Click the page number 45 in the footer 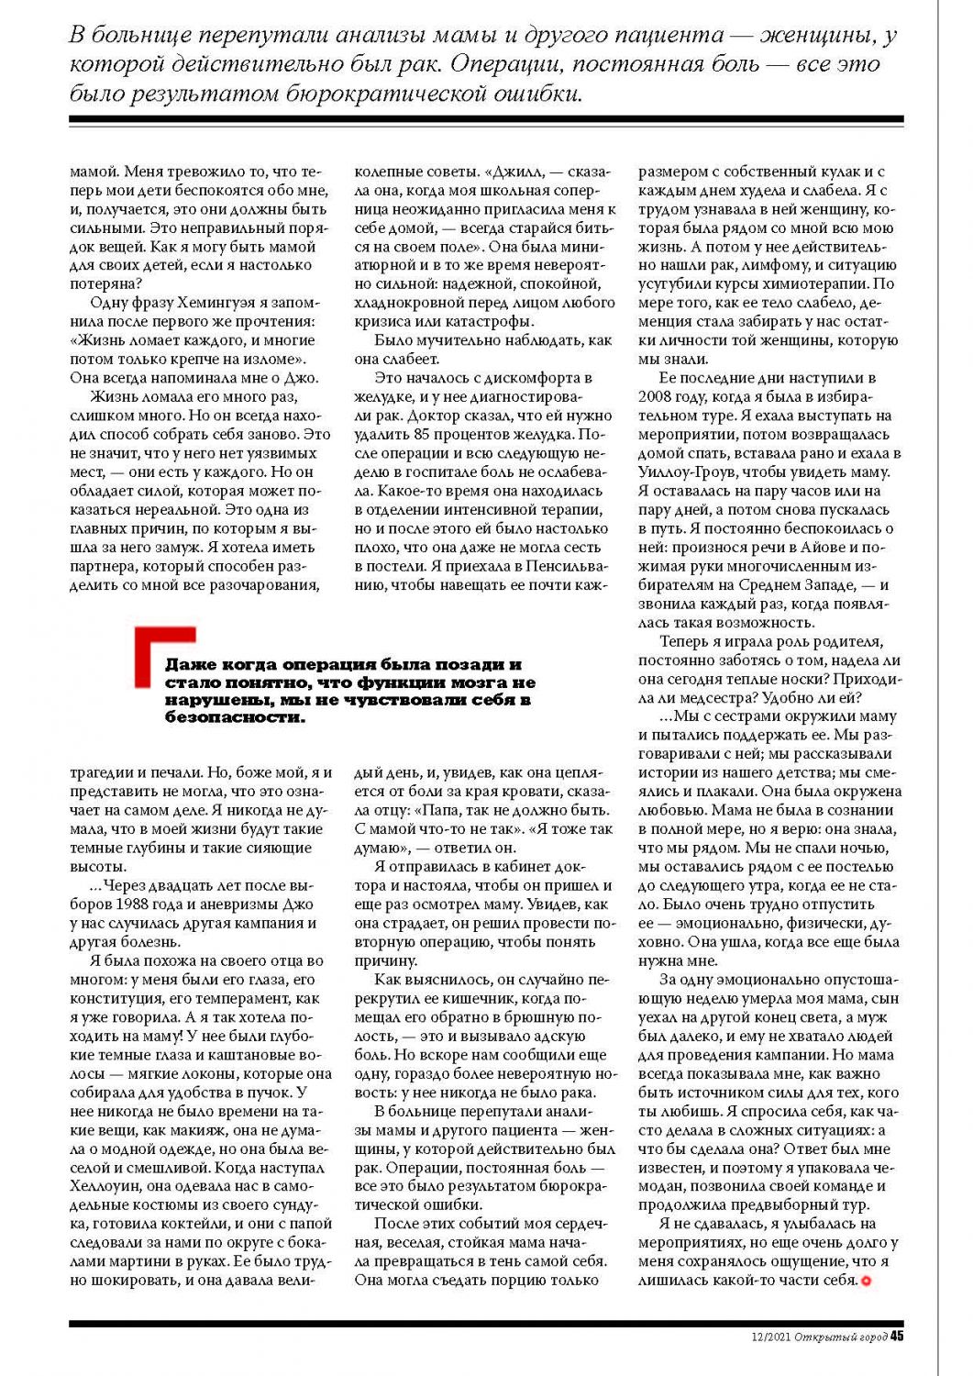(897, 1337)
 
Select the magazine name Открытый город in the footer (841, 1337)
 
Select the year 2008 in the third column (658, 397)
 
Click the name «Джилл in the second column (515, 172)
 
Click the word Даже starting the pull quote (189, 665)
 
